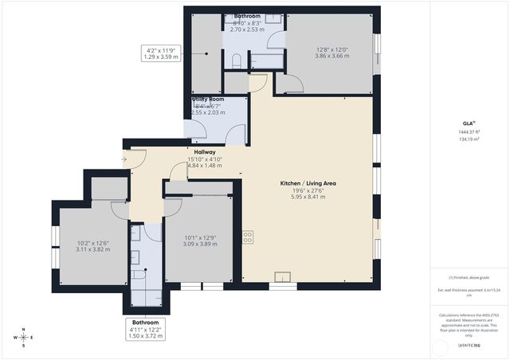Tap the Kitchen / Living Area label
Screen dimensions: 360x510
306,183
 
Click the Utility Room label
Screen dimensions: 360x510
208,100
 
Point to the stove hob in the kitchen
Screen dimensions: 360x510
248,237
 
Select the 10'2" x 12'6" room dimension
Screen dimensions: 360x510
92,243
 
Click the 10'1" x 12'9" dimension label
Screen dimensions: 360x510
199,237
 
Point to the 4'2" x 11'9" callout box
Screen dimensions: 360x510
159,53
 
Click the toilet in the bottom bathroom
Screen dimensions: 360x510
140,273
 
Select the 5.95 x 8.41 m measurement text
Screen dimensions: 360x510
306,198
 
